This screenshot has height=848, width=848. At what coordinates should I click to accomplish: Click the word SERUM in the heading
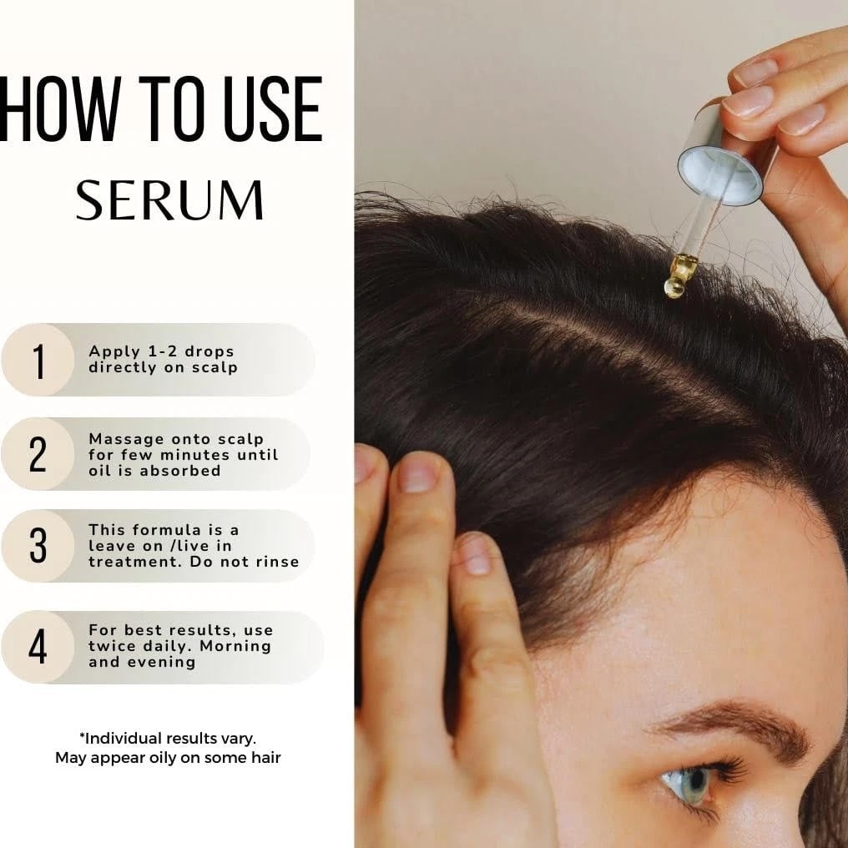[169, 199]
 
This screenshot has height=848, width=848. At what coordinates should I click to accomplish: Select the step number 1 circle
[38, 360]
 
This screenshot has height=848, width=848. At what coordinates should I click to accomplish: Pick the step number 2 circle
[38, 454]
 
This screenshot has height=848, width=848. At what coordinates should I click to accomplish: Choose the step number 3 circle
[38, 546]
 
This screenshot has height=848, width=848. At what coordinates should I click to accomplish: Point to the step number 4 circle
[38, 647]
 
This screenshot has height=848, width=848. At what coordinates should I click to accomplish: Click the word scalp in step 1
[215, 368]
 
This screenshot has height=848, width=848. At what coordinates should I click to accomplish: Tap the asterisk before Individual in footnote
[82, 735]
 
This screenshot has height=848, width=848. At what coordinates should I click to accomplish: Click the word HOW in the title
[58, 109]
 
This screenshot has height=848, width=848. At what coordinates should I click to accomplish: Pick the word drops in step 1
[209, 352]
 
